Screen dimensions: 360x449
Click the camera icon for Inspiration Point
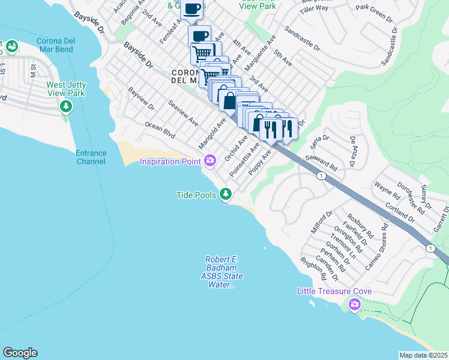click(209, 160)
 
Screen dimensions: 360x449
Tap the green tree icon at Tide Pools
click(226, 194)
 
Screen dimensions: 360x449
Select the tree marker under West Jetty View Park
click(66, 107)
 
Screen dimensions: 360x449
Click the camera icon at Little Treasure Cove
click(354, 305)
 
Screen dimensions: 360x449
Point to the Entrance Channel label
click(91, 157)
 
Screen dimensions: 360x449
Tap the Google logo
click(20, 353)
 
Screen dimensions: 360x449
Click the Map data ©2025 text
click(423, 355)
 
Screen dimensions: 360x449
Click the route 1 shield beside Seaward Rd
click(322, 176)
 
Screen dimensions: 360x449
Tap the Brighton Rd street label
click(315, 269)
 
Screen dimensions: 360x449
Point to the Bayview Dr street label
click(141, 100)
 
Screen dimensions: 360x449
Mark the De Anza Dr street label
click(357, 151)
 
